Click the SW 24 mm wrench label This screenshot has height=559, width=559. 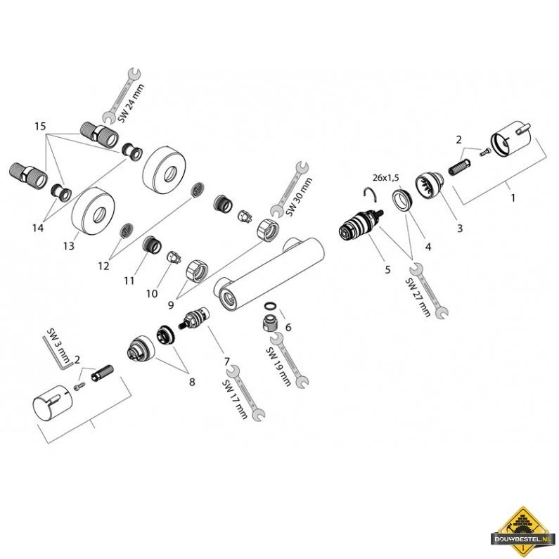(131, 103)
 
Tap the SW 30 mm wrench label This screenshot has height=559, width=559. (299, 197)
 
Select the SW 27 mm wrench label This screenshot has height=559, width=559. (418, 297)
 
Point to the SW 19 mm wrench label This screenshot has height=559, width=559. (278, 366)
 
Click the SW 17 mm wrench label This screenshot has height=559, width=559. (235, 399)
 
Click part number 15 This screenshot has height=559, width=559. (40, 126)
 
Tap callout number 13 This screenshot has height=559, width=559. (68, 245)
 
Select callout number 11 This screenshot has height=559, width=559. (129, 281)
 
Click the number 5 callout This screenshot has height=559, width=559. (387, 269)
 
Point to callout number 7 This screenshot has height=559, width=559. (227, 362)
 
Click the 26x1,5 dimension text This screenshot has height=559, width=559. (386, 177)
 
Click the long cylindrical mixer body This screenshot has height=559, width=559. (269, 273)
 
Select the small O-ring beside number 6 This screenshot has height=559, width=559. (269, 306)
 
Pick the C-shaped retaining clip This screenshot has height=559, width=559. (369, 194)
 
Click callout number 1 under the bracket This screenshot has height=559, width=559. (513, 197)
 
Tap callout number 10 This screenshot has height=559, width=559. (151, 293)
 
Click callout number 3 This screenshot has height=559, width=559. (460, 228)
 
